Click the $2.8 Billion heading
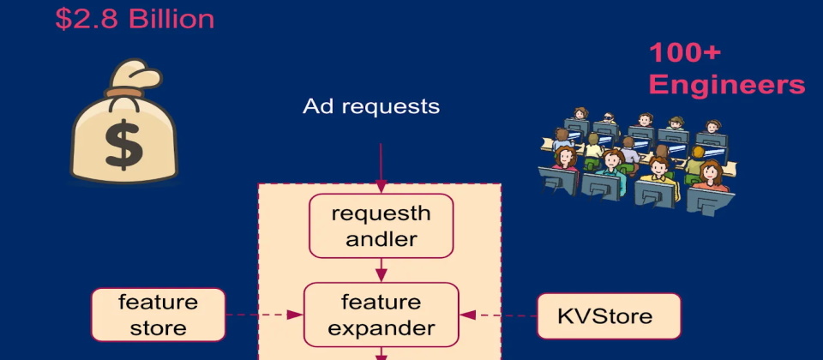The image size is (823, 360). coord(135,18)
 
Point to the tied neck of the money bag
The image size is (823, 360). coord(127,89)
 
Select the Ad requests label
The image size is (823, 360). coord(371,106)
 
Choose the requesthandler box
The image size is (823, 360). coord(381,225)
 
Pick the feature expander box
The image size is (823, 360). coord(381,315)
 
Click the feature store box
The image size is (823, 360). coord(158,315)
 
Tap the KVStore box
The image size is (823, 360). coord(609,315)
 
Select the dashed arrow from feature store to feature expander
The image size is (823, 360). coord(265,315)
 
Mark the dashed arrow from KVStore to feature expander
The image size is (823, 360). coord(497,315)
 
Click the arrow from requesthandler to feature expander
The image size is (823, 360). coord(381,271)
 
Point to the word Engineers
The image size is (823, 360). coord(727,85)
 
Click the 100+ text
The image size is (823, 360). coord(685,53)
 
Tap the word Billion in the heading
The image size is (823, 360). coord(171,18)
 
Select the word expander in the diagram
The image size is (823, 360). coord(381,327)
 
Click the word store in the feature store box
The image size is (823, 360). coord(158,327)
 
